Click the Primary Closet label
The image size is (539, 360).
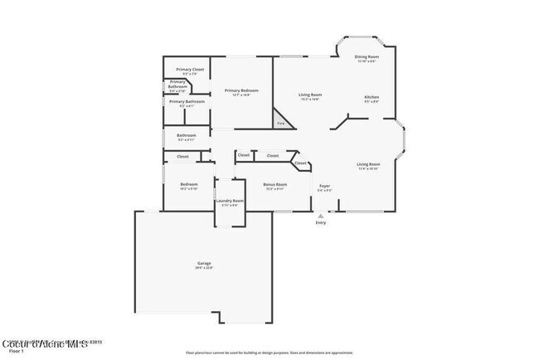(x=187, y=71)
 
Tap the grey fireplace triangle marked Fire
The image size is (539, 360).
(x=281, y=124)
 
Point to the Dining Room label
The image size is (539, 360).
(x=367, y=59)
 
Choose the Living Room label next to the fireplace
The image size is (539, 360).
(x=310, y=96)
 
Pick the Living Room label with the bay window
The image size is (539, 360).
(x=367, y=166)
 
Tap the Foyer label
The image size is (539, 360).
(x=324, y=187)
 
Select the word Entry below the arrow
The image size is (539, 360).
(x=321, y=222)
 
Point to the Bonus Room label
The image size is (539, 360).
(x=274, y=186)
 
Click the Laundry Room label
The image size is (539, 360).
(x=230, y=202)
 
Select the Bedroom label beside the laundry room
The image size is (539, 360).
(x=188, y=187)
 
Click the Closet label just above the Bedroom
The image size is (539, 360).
(x=182, y=156)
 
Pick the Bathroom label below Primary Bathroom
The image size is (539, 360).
(x=187, y=137)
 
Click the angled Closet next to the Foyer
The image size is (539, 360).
(x=300, y=163)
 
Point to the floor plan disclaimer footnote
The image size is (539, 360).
(x=269, y=352)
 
